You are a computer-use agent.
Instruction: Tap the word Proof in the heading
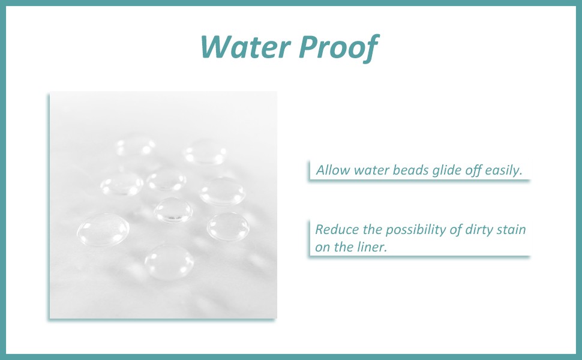[338, 47]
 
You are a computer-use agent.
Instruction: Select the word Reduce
[337, 229]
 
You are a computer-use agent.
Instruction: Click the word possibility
[416, 230]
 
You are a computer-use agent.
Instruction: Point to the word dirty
[481, 230]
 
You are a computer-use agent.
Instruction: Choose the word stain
[514, 229]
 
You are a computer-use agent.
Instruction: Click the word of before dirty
[456, 230]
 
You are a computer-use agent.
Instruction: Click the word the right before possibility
[372, 229]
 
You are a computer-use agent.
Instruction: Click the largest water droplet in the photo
[104, 229]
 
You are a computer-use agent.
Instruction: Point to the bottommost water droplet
[169, 262]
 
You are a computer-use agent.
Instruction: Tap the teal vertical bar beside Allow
[309, 170]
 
